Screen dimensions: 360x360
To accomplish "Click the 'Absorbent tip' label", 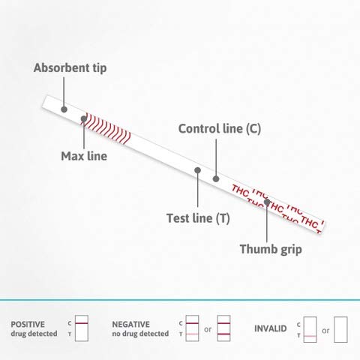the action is pyautogui.click(x=70, y=68).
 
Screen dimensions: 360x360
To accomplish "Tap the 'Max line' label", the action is pyautogui.click(x=84, y=156).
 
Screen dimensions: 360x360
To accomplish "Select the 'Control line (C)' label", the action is pyautogui.click(x=220, y=129).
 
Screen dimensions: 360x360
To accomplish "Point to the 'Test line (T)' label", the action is pyautogui.click(x=198, y=218).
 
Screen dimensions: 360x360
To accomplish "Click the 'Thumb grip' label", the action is pyautogui.click(x=271, y=249).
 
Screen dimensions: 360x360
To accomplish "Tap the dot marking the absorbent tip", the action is pyautogui.click(x=64, y=109).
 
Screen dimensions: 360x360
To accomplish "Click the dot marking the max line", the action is pyautogui.click(x=84, y=118).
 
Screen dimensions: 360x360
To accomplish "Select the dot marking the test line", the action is pyautogui.click(x=197, y=170).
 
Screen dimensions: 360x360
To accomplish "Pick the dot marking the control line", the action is pyautogui.click(x=216, y=178).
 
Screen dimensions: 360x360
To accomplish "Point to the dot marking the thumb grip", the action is pyautogui.click(x=267, y=202).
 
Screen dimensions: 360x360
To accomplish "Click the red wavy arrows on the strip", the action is pyautogui.click(x=107, y=128).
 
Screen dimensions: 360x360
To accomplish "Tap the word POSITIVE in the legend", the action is pyautogui.click(x=28, y=324).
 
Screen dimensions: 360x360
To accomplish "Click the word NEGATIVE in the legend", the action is pyautogui.click(x=130, y=324).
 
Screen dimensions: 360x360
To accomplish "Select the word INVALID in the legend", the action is pyautogui.click(x=270, y=328).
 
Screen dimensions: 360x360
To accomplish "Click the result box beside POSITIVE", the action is pyautogui.click(x=82, y=328).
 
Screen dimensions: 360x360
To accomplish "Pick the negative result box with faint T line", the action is pyautogui.click(x=192, y=328).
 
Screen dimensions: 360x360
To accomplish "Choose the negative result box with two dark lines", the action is pyautogui.click(x=223, y=328).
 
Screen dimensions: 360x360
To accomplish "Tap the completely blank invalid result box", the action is pyautogui.click(x=340, y=329).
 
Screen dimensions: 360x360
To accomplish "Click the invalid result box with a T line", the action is pyautogui.click(x=310, y=329).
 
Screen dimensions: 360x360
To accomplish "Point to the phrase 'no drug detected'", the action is pyautogui.click(x=140, y=334).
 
